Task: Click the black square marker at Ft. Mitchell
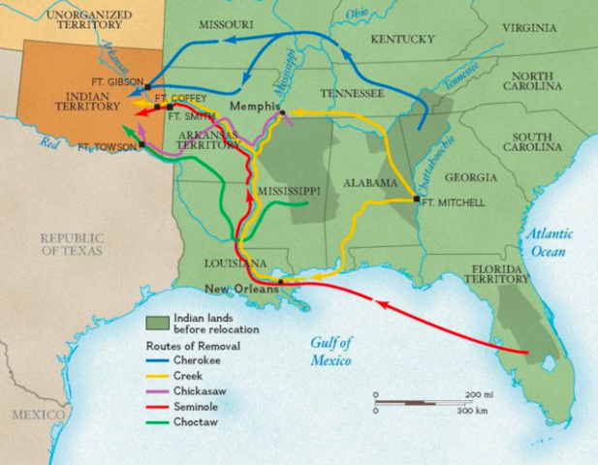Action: point(416,200)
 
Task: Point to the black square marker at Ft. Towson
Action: point(142,145)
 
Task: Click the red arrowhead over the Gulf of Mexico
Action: point(380,306)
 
